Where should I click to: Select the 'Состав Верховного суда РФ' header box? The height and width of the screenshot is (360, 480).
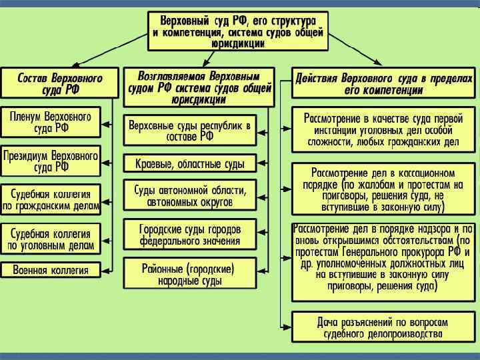click(60, 83)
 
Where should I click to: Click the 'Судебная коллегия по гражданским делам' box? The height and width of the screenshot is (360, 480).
click(51, 199)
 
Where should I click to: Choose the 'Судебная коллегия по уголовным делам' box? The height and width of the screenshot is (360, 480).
click(51, 239)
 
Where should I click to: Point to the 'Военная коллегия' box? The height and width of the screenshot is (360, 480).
click(51, 270)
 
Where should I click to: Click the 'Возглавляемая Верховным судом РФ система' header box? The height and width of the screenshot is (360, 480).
click(198, 87)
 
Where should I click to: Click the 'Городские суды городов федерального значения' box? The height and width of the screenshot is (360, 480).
click(189, 233)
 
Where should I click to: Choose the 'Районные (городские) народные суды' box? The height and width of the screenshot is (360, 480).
click(189, 275)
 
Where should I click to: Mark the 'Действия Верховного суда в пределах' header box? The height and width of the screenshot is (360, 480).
click(383, 83)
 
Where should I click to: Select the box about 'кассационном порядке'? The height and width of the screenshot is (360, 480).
click(383, 188)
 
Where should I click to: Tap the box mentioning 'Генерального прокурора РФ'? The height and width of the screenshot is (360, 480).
click(383, 258)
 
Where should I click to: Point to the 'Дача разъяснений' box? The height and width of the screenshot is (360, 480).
click(383, 327)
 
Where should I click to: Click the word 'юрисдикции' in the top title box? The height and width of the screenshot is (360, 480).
click(238, 42)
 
